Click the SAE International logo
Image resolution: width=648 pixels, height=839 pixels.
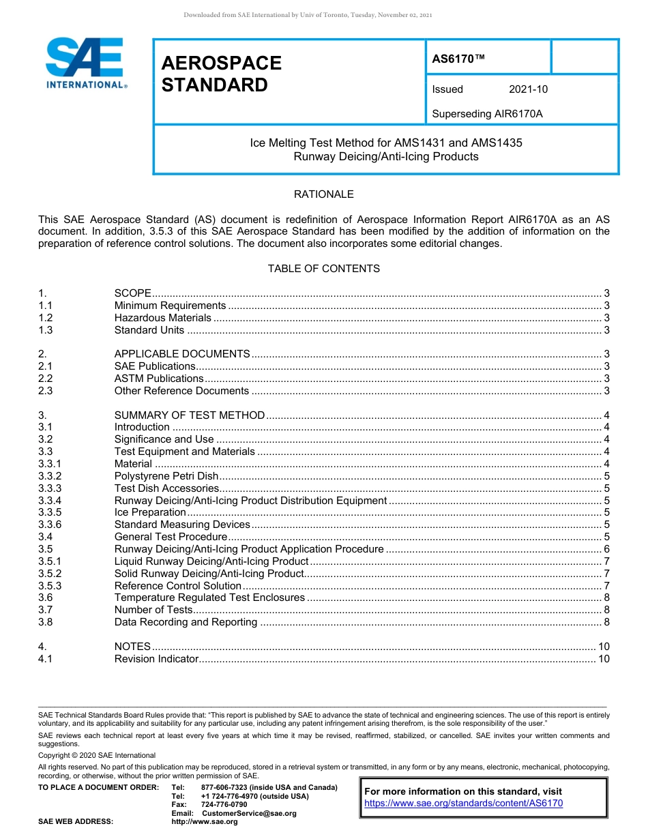[x=86, y=63]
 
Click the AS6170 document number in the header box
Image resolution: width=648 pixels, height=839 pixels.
[x=458, y=59]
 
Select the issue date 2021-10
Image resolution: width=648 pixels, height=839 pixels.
[x=528, y=89]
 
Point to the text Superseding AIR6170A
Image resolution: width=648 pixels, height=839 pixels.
[x=487, y=114]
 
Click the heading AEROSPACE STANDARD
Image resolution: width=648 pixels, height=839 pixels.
[x=221, y=74]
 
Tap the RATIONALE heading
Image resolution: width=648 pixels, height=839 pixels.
[x=323, y=194]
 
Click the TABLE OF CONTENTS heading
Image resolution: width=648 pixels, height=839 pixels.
[x=323, y=269]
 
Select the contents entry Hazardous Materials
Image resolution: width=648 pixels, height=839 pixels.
[x=162, y=318]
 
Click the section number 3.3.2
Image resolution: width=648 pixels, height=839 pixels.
[x=50, y=476]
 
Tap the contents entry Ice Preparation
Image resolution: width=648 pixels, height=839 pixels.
[x=149, y=512]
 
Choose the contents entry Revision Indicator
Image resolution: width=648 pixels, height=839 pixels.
[x=156, y=659]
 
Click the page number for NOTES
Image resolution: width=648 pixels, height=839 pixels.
[x=603, y=647]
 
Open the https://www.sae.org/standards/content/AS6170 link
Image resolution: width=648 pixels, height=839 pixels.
[x=463, y=804]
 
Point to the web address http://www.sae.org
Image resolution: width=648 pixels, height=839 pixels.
[x=205, y=822]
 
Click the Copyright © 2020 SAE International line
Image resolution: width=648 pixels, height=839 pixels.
[x=97, y=755]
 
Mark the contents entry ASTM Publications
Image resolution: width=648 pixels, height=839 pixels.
[x=158, y=379]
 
